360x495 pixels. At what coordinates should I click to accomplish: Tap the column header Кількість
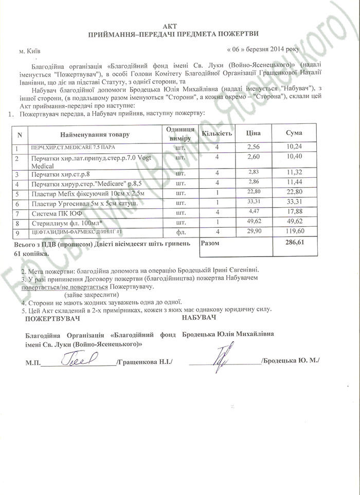(x=217, y=134)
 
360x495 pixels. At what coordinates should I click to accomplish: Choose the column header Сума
(x=294, y=134)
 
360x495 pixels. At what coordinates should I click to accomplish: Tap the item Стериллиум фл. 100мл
(x=64, y=223)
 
